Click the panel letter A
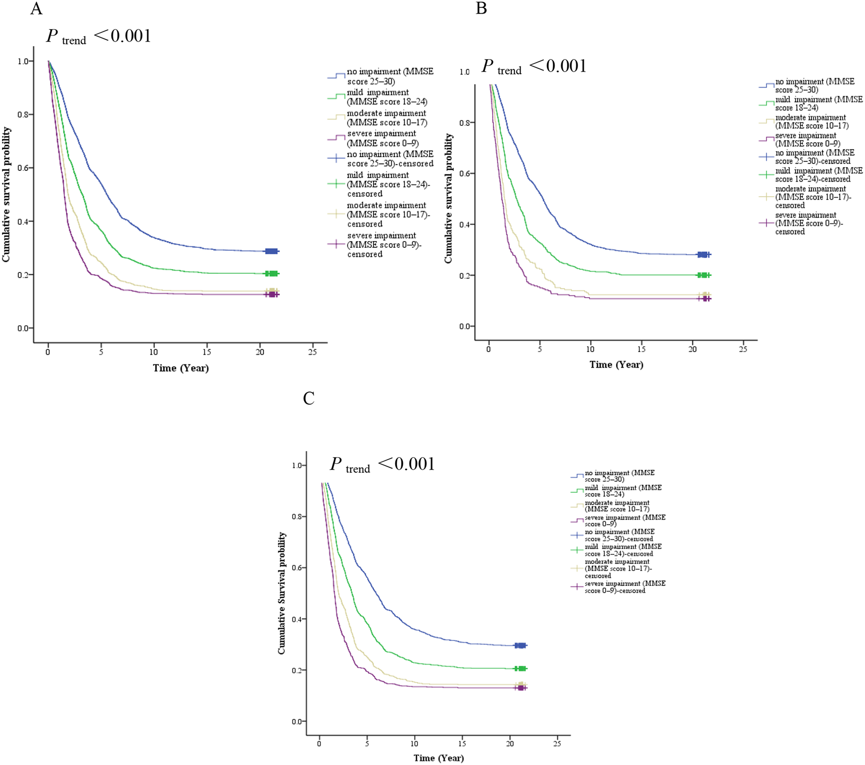pyautogui.click(x=36, y=9)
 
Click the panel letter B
pyautogui.click(x=481, y=8)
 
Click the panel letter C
pyautogui.click(x=308, y=399)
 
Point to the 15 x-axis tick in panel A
pyautogui.click(x=207, y=352)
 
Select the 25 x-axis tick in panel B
pyautogui.click(x=743, y=349)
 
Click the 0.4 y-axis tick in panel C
pyautogui.click(x=296, y=619)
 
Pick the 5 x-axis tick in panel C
pyautogui.click(x=367, y=744)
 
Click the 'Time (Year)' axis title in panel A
pyautogui.click(x=180, y=368)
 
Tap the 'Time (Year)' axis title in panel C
pyautogui.click(x=439, y=758)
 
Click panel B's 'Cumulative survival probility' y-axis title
pyautogui.click(x=448, y=198)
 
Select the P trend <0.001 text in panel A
pyautogui.click(x=99, y=36)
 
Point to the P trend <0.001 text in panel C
pyautogui.click(x=382, y=465)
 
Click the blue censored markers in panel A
pyautogui.click(x=271, y=251)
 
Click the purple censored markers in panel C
pyautogui.click(x=521, y=688)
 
